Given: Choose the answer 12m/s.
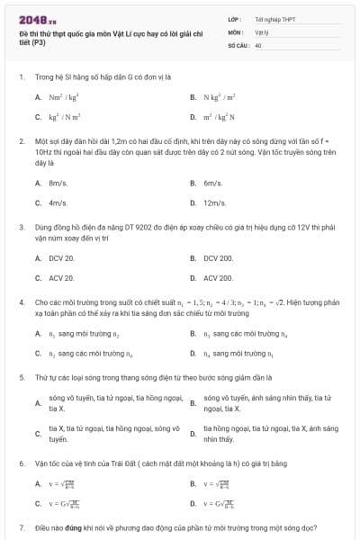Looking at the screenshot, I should point(215,202).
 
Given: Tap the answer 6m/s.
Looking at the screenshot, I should point(213,183).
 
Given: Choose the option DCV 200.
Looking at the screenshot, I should point(218,258).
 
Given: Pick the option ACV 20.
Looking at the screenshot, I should point(62,278).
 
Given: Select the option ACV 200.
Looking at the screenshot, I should point(218,278).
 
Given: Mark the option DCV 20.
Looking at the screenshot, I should point(62,258).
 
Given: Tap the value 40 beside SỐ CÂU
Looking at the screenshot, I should point(258,44).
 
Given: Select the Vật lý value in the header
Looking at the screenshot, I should point(262,31).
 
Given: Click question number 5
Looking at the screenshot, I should point(22,379).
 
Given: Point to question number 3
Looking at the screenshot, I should point(22,228).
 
